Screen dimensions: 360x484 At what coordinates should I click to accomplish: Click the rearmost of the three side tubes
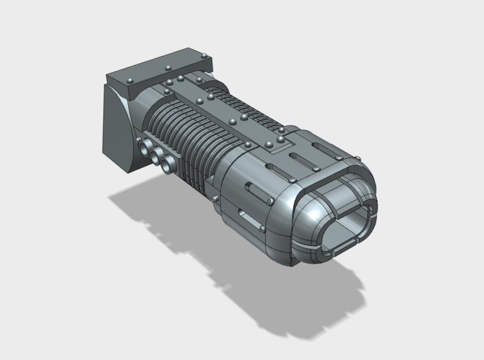point(142,145)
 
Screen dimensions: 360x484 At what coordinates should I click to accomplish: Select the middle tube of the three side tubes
point(154,154)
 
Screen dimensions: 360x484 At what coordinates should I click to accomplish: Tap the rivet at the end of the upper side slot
point(272,201)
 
